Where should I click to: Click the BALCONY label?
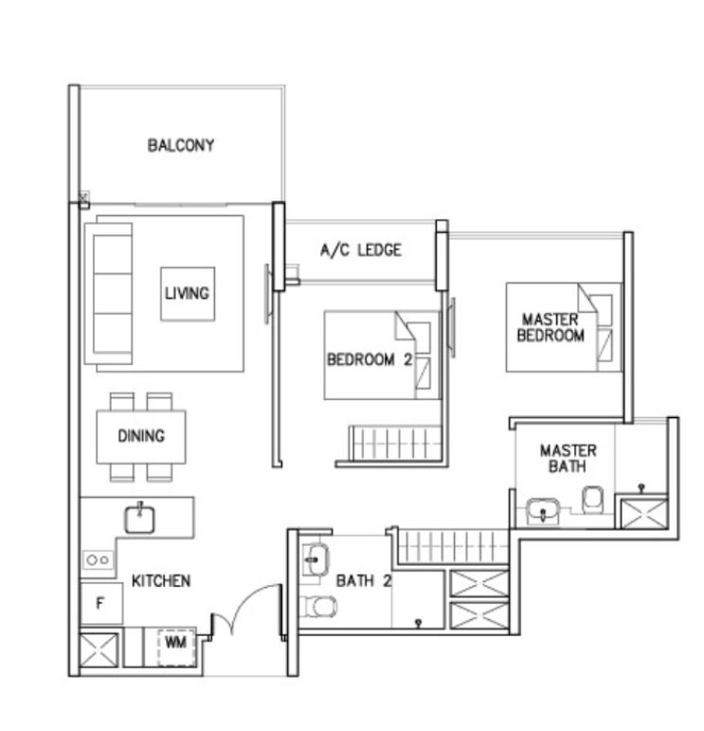pos(181,145)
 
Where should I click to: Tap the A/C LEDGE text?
pos(361,250)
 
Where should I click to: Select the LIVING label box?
pos(188,294)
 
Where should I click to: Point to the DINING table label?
pos(141,436)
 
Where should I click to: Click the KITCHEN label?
pos(161,581)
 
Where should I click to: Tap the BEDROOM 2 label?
pos(370,359)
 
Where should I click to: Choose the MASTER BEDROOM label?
pos(551,327)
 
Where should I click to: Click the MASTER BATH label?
pos(568,458)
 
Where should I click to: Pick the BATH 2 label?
pos(364,581)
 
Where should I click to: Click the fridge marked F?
pos(101,603)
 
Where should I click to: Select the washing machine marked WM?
pos(176,647)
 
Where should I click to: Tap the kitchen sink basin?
pos(139,519)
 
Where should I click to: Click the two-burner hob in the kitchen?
pos(98,560)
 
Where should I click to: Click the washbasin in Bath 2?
pos(316,559)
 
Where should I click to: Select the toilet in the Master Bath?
pos(593,500)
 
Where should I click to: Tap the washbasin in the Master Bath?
pos(543,511)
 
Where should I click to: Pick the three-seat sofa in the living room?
pos(109,293)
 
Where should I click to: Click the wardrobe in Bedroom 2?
pos(395,443)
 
